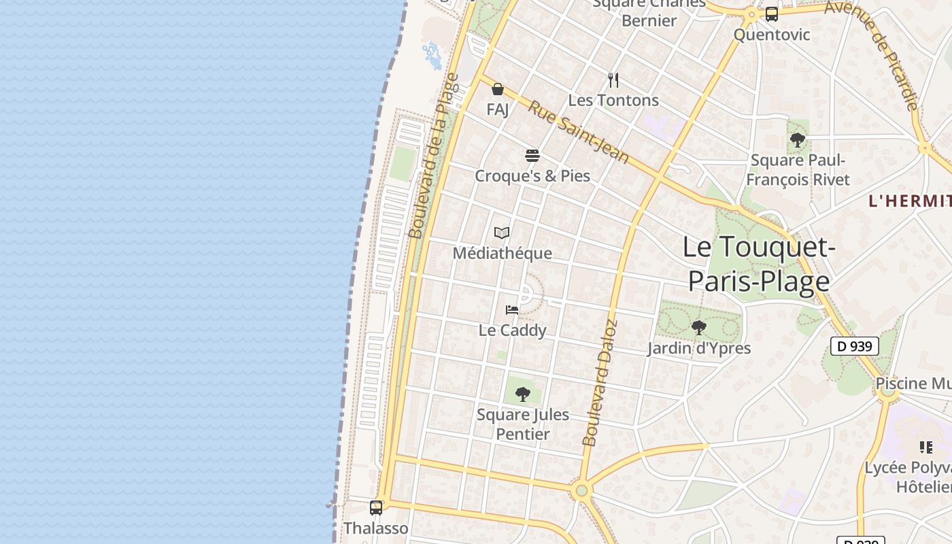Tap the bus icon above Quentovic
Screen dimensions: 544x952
point(771,14)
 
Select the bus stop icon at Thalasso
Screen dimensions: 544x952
point(375,507)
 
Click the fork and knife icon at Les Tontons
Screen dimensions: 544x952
point(613,80)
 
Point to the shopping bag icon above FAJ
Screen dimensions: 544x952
point(498,89)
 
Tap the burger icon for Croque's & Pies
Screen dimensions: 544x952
point(532,156)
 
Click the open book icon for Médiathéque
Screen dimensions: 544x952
point(502,233)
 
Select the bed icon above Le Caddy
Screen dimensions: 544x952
point(512,310)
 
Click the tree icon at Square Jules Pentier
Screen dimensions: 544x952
point(522,394)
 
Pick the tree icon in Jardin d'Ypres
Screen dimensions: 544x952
point(698,328)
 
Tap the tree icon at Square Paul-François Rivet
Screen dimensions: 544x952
point(798,141)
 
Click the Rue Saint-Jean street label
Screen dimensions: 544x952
point(579,132)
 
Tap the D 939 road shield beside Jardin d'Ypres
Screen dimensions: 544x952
point(855,346)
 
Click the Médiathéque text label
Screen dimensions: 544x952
point(502,254)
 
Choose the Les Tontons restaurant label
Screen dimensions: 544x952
point(613,101)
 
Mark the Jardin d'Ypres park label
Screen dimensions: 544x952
point(698,348)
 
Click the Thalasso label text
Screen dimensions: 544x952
point(375,528)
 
